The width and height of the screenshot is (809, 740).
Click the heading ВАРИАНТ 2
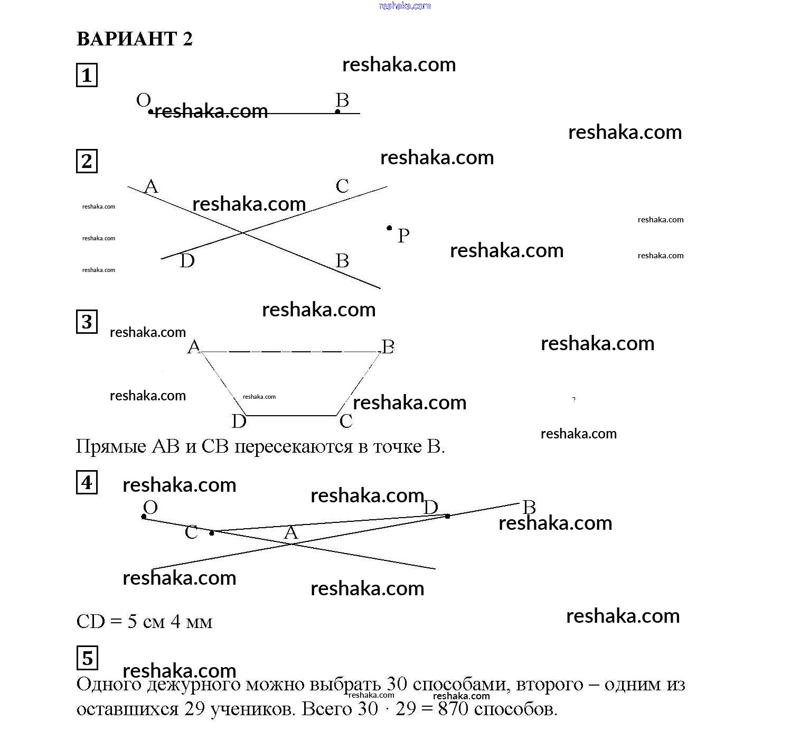coord(135,39)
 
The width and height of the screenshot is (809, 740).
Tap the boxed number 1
coord(87,75)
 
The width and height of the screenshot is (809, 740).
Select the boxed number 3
coord(87,322)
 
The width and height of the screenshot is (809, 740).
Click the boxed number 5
coord(87,658)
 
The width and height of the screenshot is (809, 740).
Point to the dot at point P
coord(389,228)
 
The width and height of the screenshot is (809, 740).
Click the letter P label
coord(403,236)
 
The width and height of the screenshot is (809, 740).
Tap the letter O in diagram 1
coord(143,100)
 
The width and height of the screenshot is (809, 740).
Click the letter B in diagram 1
coord(342,100)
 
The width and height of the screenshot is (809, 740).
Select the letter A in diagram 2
coord(151,186)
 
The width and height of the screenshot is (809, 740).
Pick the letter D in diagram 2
coord(187,261)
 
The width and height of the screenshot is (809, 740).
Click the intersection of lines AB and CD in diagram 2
coord(242,232)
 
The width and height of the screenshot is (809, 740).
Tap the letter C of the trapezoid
coord(346,421)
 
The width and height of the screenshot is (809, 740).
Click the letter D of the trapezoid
coord(239,421)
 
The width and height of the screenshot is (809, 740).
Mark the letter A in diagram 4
coord(291,533)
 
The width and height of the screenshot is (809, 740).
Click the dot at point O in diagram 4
coord(144,517)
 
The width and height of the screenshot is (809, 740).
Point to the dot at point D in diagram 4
coord(447,516)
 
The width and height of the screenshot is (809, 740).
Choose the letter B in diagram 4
coord(529,508)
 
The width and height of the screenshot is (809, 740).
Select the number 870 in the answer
coord(453,709)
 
